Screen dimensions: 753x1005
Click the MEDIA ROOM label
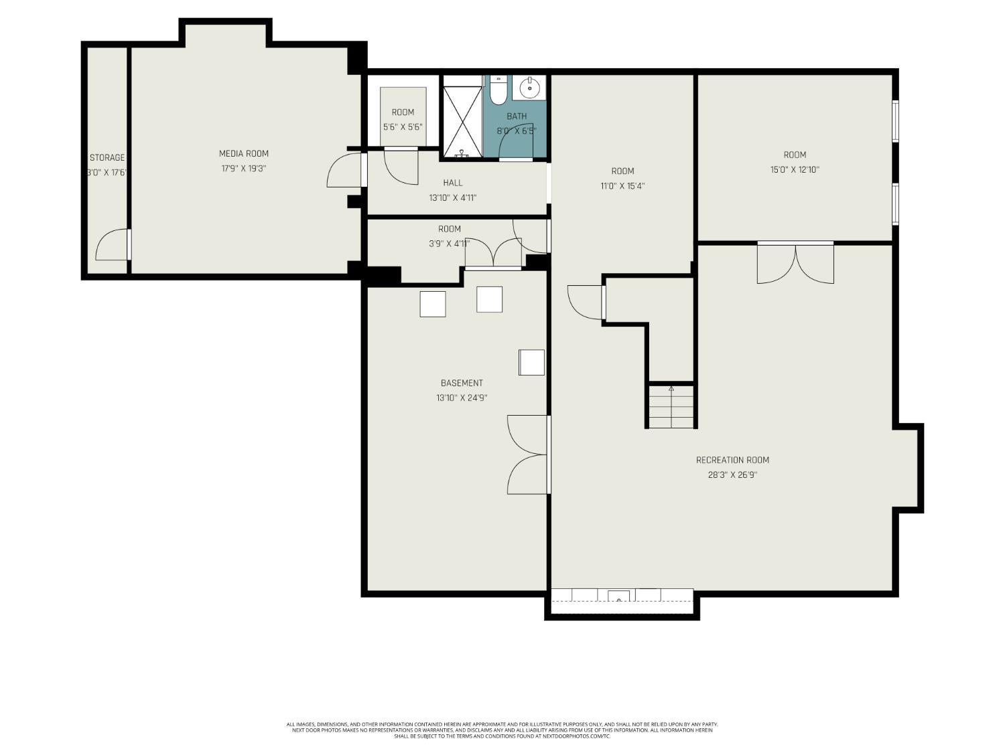click(243, 153)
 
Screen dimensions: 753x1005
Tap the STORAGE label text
click(107, 157)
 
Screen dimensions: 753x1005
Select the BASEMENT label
click(461, 383)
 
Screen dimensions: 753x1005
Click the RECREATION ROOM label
click(732, 460)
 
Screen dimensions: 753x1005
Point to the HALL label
click(452, 183)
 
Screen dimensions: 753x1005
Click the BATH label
click(516, 116)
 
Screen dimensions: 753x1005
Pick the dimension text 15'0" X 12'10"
click(795, 170)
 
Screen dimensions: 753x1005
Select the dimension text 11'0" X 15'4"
click(622, 186)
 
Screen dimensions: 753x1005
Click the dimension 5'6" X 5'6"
click(403, 127)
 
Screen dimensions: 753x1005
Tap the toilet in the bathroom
click(498, 91)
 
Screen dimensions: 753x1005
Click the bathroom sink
click(530, 87)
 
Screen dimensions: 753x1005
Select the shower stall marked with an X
click(462, 117)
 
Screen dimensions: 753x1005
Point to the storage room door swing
click(112, 245)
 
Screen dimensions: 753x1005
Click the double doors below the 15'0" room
click(795, 262)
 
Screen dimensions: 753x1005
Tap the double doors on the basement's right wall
click(529, 454)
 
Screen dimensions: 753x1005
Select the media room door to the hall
click(345, 171)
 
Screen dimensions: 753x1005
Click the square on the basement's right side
click(531, 362)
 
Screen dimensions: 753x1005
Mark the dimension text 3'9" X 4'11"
click(449, 244)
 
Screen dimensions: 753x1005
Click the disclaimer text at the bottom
click(502, 730)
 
